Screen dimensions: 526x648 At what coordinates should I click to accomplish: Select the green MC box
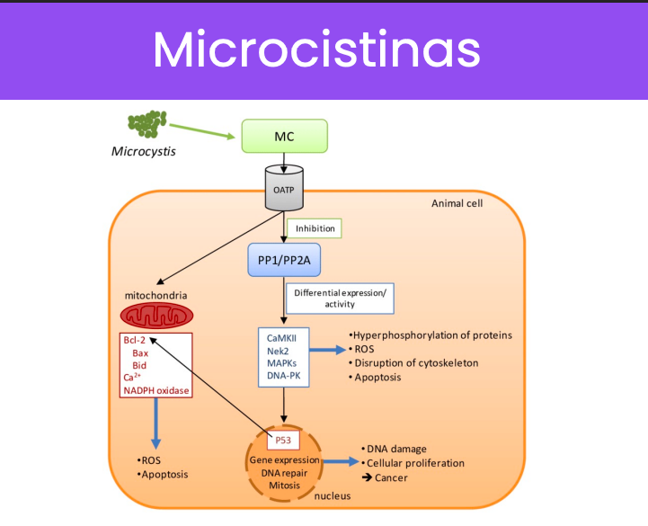tap(284, 137)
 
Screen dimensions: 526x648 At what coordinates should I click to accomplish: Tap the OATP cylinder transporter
tap(284, 188)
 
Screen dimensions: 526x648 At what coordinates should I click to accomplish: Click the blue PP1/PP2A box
tap(285, 260)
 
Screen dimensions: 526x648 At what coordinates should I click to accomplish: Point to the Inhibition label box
tap(315, 228)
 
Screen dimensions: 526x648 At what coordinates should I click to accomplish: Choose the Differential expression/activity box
tap(339, 298)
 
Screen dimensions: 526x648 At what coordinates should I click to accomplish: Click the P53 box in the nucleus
tap(285, 440)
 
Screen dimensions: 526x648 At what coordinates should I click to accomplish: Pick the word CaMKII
tap(282, 337)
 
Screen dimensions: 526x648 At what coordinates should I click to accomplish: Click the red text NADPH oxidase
tap(156, 391)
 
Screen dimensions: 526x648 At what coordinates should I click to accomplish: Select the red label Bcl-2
tap(134, 341)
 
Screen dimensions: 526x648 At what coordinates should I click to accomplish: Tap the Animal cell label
tap(457, 203)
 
